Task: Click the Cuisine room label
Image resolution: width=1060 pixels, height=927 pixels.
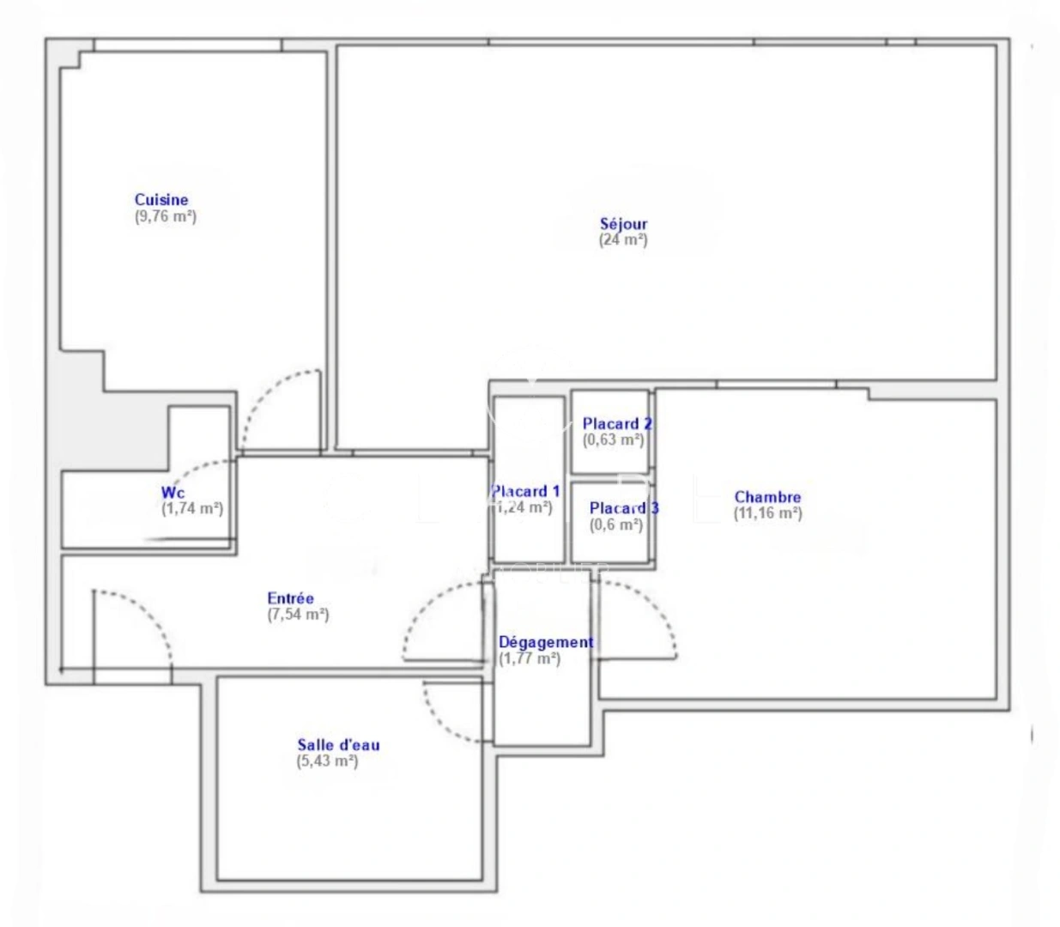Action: click(x=161, y=200)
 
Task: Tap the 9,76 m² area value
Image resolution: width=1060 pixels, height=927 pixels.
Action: click(x=166, y=216)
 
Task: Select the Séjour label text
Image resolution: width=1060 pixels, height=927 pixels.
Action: click(x=623, y=224)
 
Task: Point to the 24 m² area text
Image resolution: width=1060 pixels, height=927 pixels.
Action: click(x=623, y=240)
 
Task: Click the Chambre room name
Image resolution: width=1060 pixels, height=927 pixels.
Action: click(x=767, y=497)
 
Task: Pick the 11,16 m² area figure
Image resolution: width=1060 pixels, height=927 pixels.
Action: click(x=767, y=513)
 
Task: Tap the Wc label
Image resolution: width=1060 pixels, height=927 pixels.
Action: click(x=173, y=493)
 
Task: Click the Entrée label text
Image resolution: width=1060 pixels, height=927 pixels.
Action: click(x=290, y=598)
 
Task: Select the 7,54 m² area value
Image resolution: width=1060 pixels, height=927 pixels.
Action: click(x=298, y=615)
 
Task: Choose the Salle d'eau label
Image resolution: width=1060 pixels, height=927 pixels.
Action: click(x=338, y=744)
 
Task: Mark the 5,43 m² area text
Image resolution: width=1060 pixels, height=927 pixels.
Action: click(x=327, y=760)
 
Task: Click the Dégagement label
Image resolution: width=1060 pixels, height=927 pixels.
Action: click(x=546, y=642)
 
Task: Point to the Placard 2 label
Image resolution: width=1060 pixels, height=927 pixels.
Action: click(x=616, y=423)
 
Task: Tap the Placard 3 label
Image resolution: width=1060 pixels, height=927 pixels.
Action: click(x=623, y=508)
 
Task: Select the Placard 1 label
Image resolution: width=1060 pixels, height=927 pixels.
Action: click(x=525, y=491)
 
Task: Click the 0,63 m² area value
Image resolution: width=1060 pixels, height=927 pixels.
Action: click(x=613, y=439)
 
